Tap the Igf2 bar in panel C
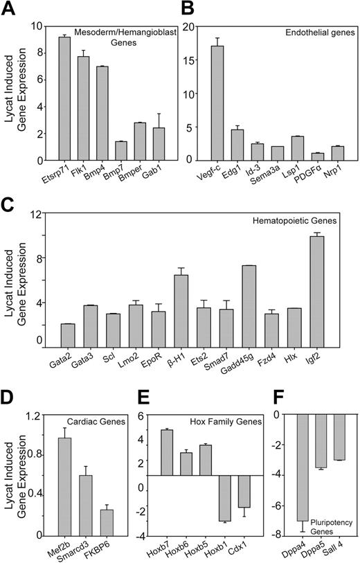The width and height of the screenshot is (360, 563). tap(336, 291)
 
